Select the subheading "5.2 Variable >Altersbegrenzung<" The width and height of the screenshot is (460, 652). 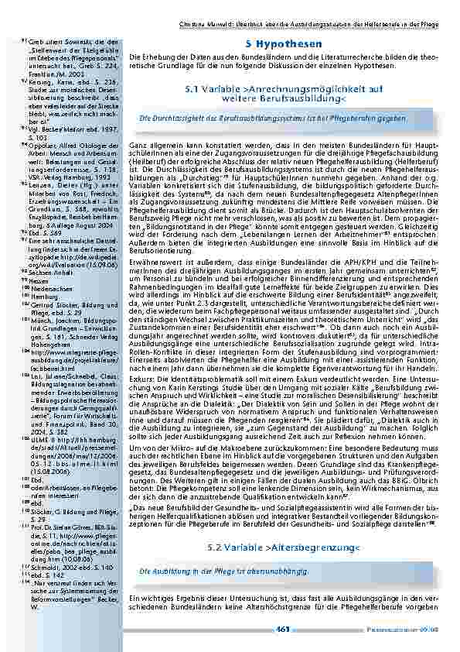pos(284,548)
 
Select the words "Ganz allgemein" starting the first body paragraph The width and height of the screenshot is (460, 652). pos(152,145)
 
